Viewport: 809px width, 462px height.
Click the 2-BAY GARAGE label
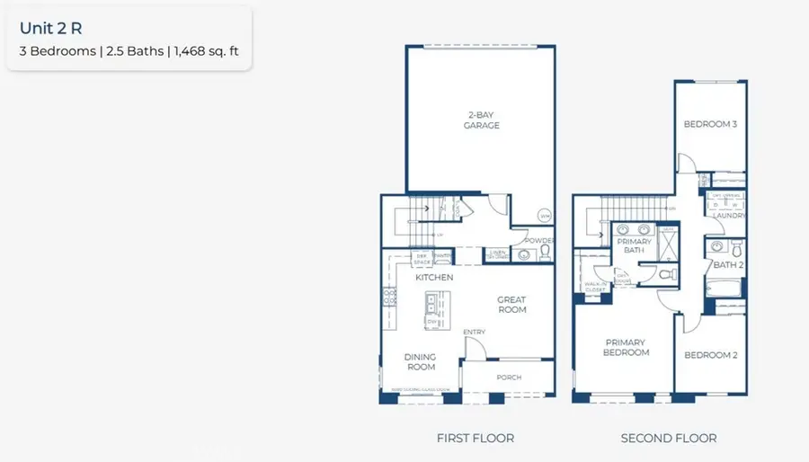click(x=482, y=120)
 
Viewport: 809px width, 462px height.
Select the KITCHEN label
click(x=433, y=278)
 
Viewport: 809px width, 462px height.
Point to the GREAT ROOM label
click(x=511, y=305)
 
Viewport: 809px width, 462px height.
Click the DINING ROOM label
click(x=420, y=361)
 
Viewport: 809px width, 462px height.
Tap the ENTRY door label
click(x=474, y=333)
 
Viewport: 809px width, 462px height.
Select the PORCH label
click(x=509, y=377)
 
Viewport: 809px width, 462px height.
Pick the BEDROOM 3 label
click(x=710, y=124)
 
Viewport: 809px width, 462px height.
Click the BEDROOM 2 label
click(x=710, y=355)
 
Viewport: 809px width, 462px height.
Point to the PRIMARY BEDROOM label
click(x=627, y=347)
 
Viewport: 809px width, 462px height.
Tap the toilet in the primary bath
click(x=665, y=276)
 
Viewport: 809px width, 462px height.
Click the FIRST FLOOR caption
click(x=475, y=438)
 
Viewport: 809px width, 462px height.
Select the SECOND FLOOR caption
click(x=668, y=438)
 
